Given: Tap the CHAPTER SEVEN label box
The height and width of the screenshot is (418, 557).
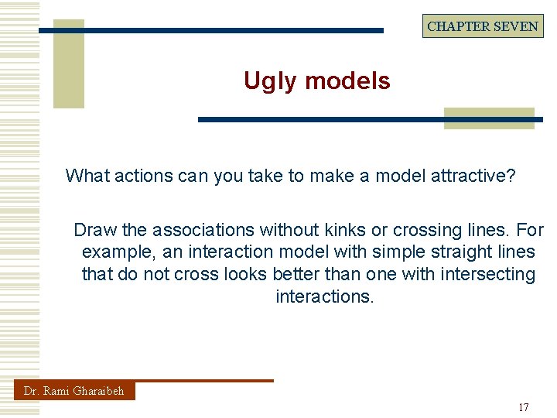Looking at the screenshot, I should [x=483, y=26].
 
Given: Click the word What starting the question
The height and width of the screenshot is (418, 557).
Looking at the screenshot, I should [x=87, y=176].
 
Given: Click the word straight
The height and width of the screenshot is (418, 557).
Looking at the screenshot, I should [x=426, y=252].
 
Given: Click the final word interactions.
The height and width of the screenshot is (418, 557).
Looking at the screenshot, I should [x=324, y=296].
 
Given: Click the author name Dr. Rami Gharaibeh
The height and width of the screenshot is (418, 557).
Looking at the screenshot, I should [x=74, y=391].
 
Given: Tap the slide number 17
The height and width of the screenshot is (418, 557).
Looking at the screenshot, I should [x=524, y=407].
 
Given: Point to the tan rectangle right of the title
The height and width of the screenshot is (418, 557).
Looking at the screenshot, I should [x=489, y=118].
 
